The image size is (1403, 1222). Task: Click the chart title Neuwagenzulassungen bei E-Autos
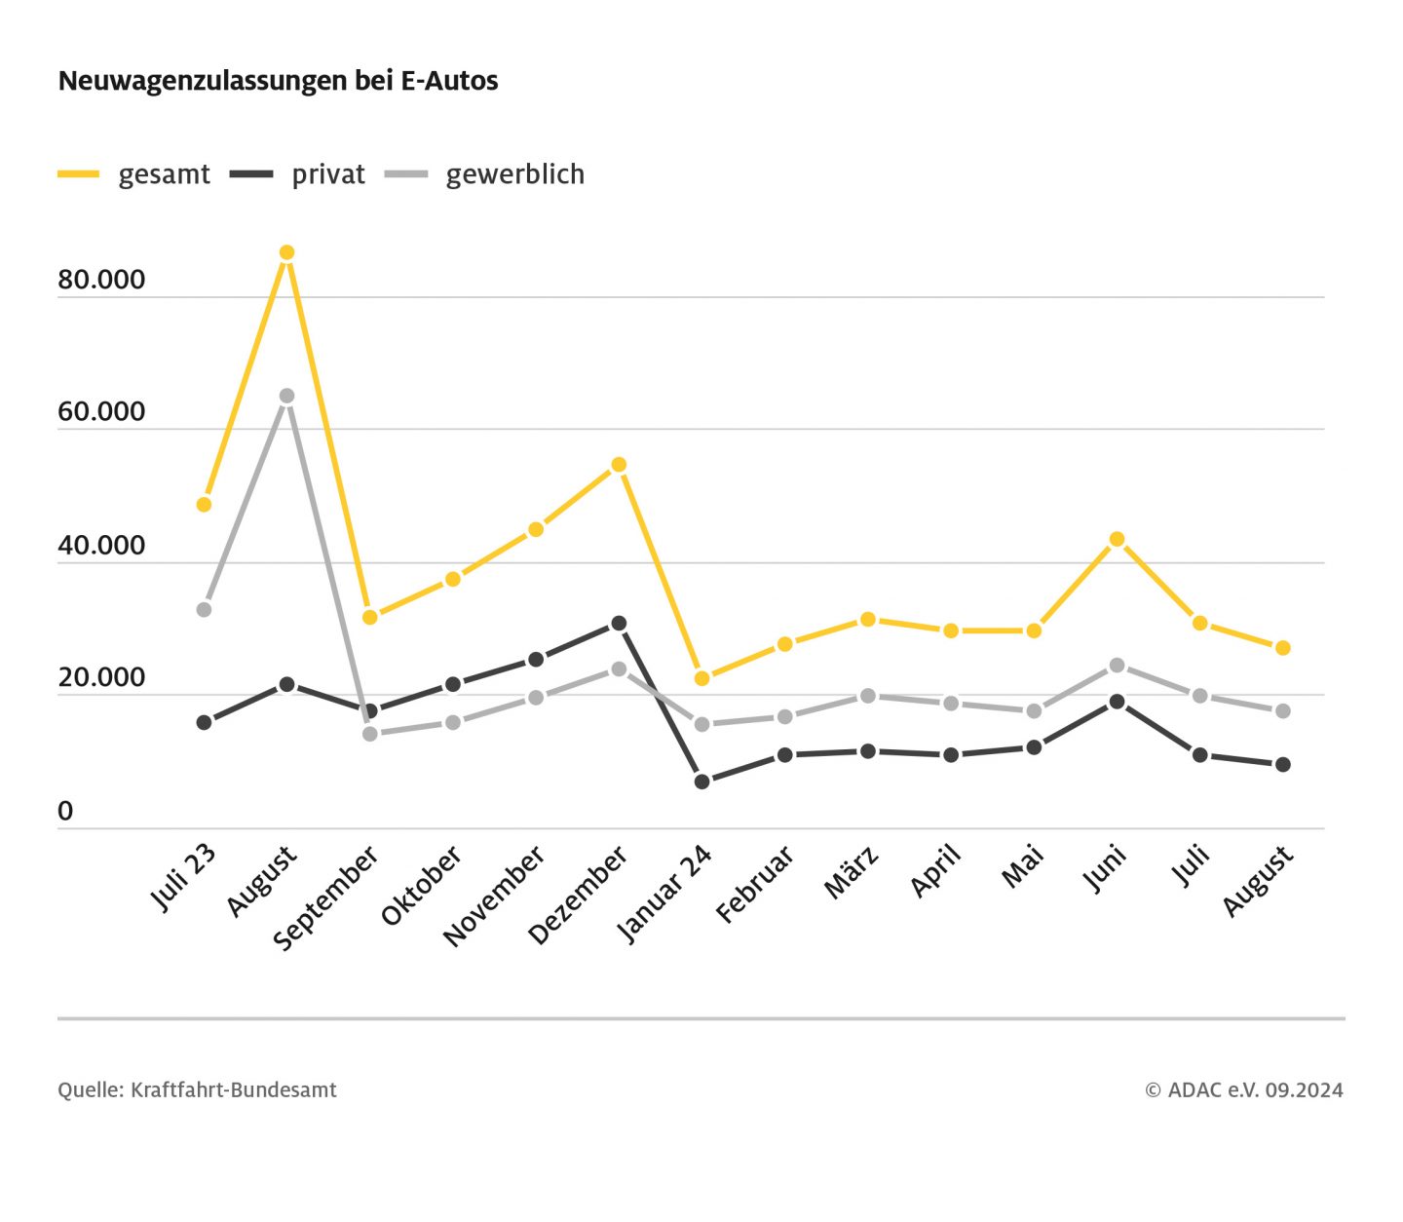pos(278,80)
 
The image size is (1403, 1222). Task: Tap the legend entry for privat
pos(298,174)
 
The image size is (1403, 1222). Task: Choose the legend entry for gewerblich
pos(485,174)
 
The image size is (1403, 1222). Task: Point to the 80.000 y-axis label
pos(101,280)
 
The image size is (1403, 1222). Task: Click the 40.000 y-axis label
pos(101,546)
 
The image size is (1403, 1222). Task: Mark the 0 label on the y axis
pos(65,811)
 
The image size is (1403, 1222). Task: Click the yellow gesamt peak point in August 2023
pos(286,253)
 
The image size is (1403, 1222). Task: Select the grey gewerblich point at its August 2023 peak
pos(286,396)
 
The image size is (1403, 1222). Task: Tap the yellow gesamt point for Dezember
pos(619,465)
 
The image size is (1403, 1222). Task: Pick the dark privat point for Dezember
pos(619,624)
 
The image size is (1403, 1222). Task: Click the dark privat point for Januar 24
pos(701,782)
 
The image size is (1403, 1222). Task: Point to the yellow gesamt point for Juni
pos(1117,540)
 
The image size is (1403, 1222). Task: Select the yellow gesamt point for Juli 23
pos(204,505)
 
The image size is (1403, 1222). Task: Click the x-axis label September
pos(326,898)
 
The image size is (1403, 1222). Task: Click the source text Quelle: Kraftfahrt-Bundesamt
pos(197,1090)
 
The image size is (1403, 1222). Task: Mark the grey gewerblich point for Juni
pos(1117,666)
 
